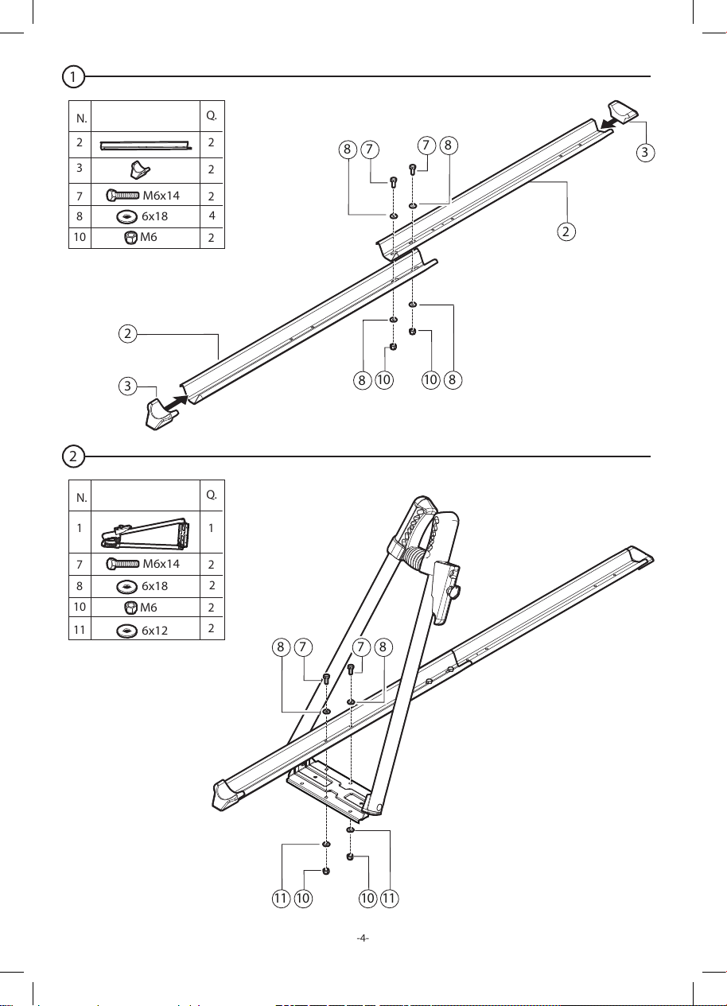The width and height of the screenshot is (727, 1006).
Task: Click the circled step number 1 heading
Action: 73,76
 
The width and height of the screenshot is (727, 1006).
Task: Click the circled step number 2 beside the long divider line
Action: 73,456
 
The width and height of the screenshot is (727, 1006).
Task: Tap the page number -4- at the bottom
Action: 363,938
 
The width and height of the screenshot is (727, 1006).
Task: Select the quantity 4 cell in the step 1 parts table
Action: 212,216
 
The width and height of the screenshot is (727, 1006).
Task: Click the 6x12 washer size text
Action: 154,631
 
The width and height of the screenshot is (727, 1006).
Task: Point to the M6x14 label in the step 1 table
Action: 161,196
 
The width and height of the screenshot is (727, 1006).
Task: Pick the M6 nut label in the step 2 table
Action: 149,608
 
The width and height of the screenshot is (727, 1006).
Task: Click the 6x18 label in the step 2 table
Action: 154,586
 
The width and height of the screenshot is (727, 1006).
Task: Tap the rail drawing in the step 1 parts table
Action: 146,146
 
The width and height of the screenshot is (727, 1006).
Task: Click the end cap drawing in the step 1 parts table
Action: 140,170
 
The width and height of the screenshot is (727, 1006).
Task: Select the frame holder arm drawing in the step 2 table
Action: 145,534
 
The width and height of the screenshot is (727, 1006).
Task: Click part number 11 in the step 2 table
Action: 80,630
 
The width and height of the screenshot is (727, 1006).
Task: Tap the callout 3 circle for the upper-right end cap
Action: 645,152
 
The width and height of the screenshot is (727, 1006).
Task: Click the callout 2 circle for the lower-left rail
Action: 128,334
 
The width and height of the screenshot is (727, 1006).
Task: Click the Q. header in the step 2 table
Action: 212,495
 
